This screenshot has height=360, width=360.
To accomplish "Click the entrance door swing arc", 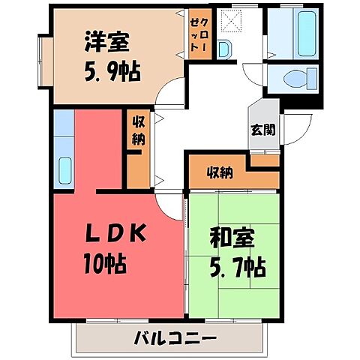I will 294,126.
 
